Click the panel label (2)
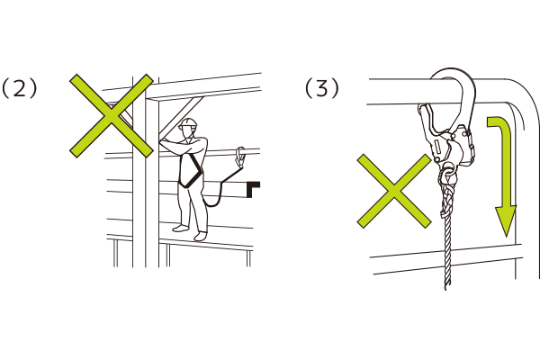point(19,88)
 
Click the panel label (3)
point(322,88)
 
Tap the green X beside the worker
point(112,116)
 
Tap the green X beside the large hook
point(394,191)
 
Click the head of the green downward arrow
point(506,220)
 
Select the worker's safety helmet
point(188,123)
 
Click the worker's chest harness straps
point(190,170)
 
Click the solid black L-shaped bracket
point(253,189)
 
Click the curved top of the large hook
point(454,73)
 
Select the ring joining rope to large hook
point(448,172)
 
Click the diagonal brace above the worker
point(182,117)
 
